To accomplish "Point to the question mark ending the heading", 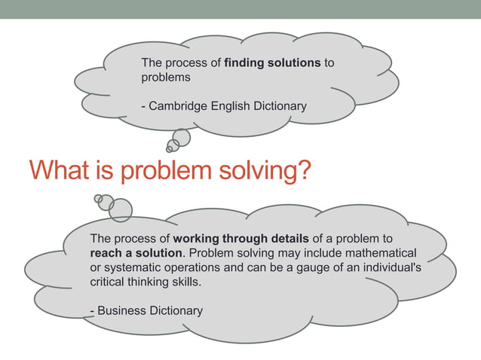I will pos(302,169).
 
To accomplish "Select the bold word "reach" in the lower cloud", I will pos(107,253).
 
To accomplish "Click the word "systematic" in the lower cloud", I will pos(133,267).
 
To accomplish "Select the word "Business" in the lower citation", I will pos(122,310).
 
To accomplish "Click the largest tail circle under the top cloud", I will pos(181,138).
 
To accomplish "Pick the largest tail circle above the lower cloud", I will pos(120,210).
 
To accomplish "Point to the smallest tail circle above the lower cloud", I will pos(98,199).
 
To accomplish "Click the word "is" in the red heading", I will pos(100,169).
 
